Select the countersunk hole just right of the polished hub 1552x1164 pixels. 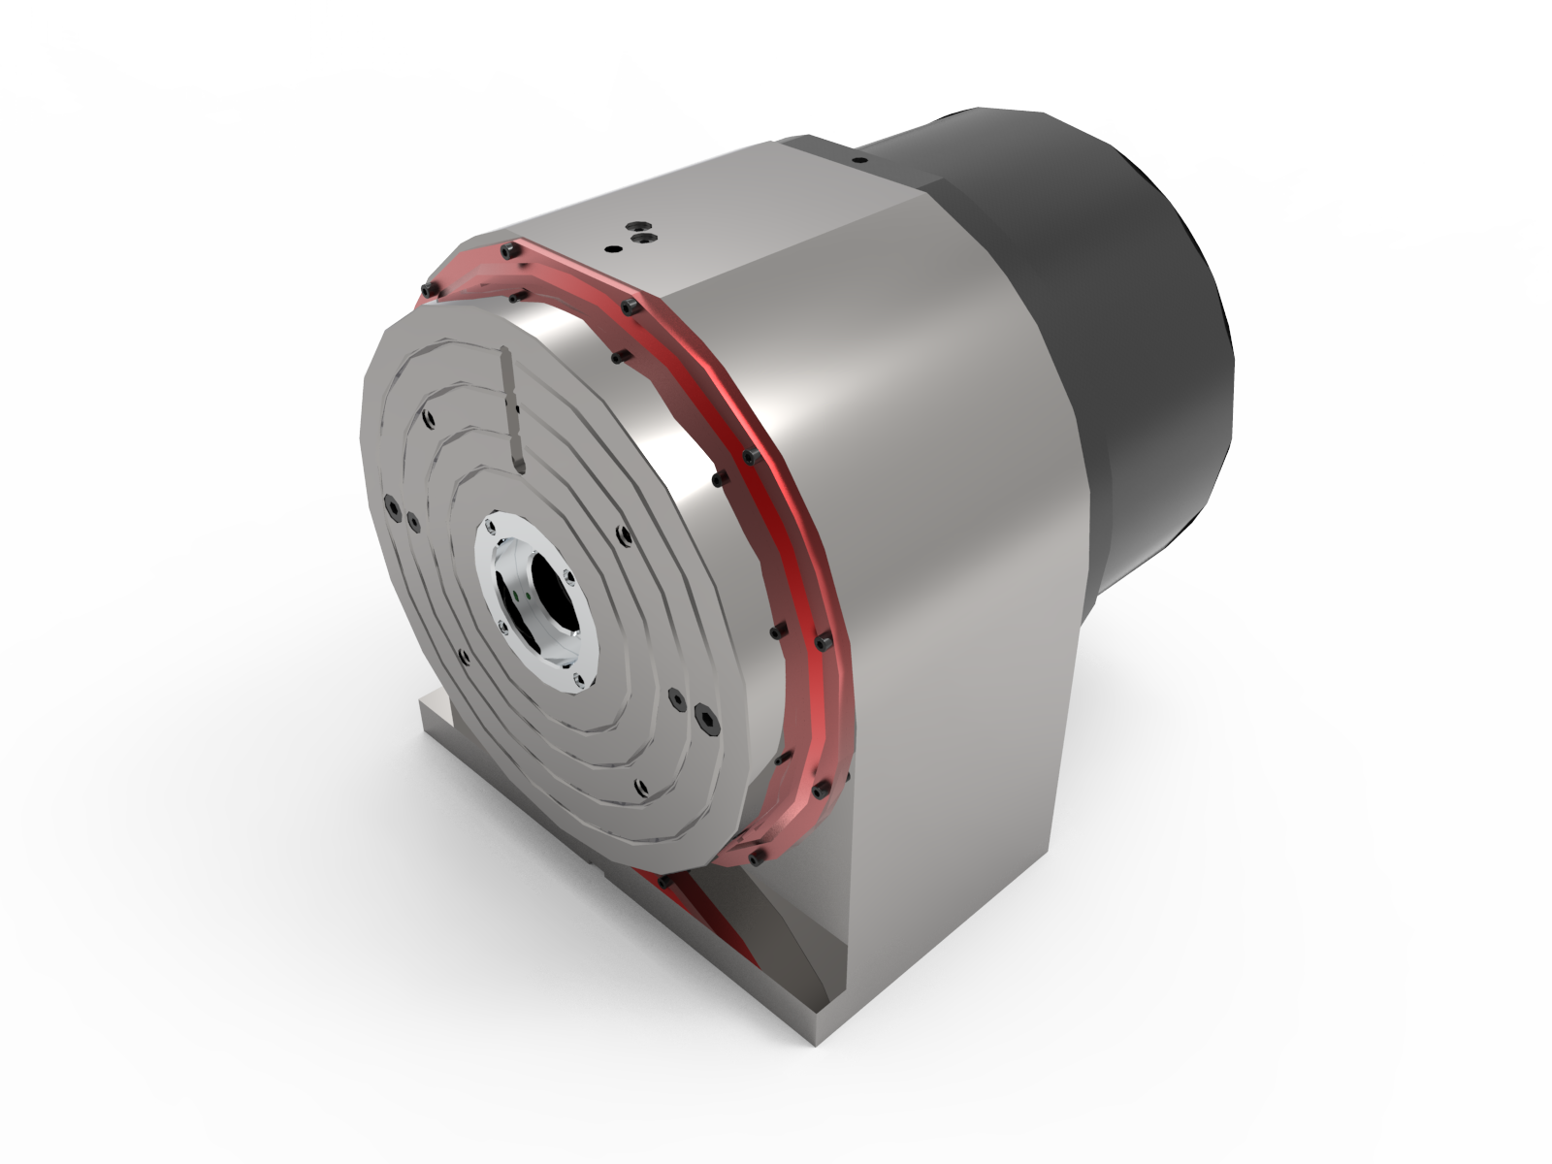tap(621, 532)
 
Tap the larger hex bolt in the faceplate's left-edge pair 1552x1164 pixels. tap(392, 508)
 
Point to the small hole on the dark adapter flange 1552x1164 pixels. tap(857, 155)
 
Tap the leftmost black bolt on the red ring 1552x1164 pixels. tap(426, 291)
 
